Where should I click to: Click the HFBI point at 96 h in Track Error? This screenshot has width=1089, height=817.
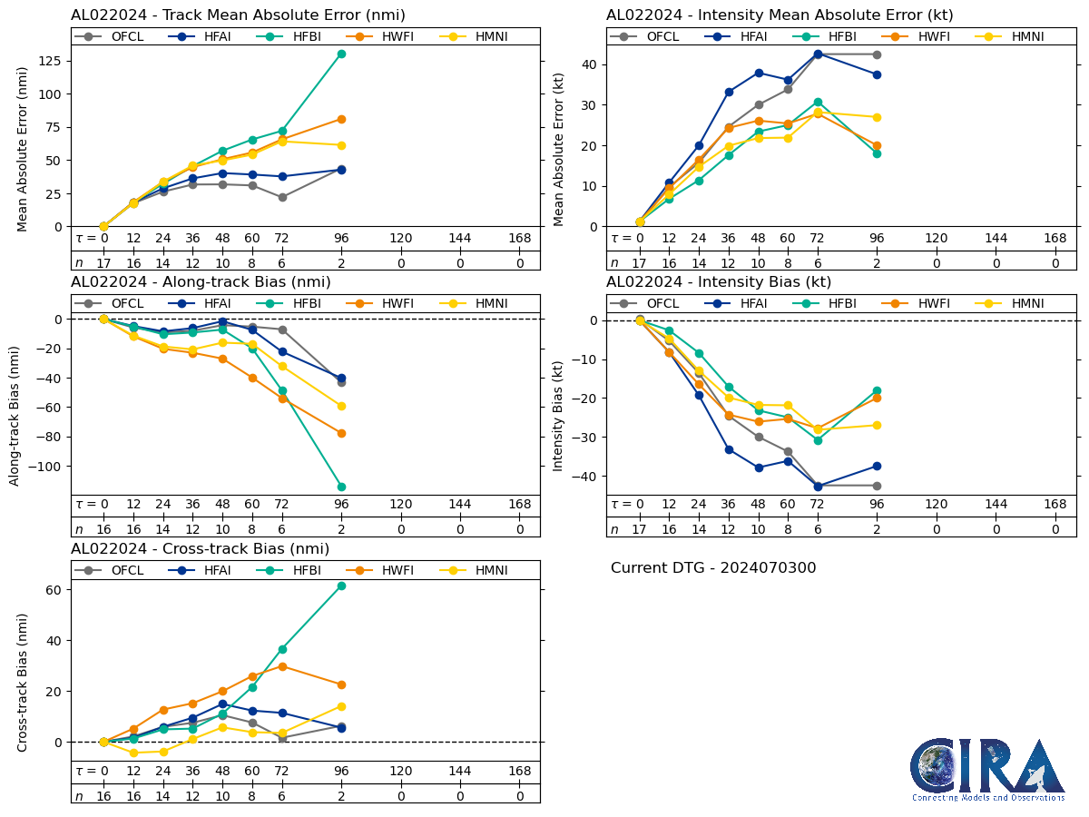[x=341, y=54]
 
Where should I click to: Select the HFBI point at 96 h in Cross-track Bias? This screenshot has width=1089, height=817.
[x=341, y=586]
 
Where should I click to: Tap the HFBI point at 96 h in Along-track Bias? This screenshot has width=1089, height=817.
[x=341, y=487]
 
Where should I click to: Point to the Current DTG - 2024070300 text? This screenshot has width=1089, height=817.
[x=713, y=568]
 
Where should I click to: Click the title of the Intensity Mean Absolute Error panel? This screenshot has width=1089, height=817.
[x=780, y=15]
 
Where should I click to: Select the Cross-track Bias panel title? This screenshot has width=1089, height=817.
[x=200, y=549]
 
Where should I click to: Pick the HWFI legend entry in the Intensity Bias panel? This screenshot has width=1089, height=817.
[x=910, y=303]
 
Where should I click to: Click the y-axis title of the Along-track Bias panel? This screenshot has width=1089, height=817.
[x=15, y=404]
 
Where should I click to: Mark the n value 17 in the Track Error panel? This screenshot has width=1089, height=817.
[x=103, y=262]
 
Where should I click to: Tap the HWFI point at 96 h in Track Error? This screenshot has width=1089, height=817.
[x=341, y=119]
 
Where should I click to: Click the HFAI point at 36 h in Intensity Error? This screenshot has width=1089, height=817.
[x=729, y=92]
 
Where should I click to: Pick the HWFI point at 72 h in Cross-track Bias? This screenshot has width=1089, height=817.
[x=282, y=666]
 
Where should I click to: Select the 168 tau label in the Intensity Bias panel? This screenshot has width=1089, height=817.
[x=1055, y=504]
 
